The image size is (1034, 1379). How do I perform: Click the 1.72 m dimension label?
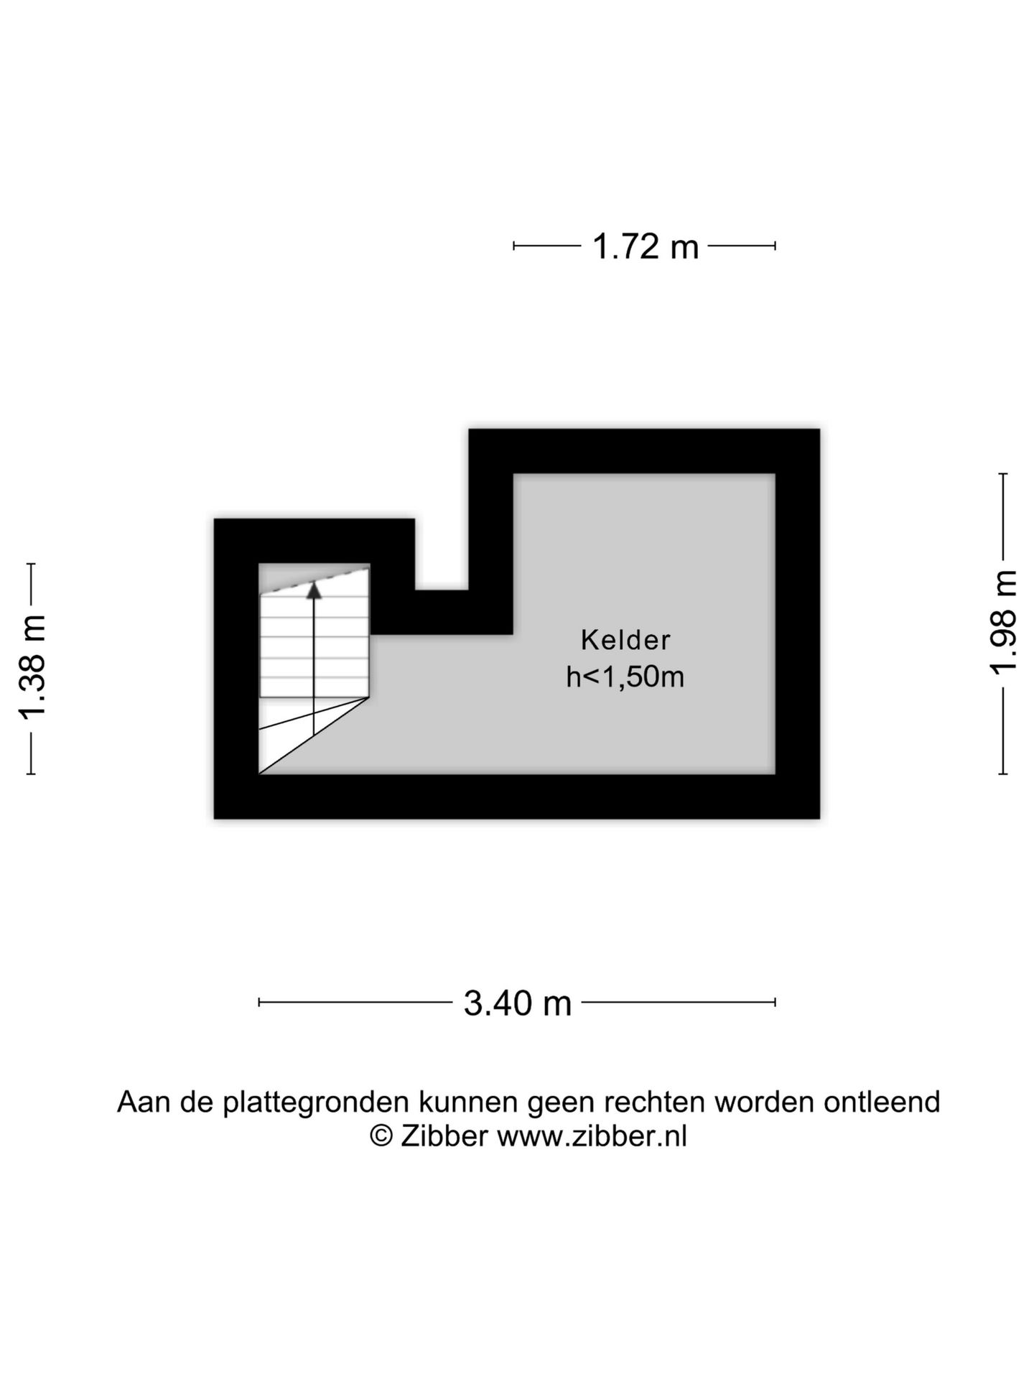[645, 247]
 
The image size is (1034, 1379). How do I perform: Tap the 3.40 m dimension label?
[517, 1003]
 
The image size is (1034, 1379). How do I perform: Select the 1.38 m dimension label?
[33, 667]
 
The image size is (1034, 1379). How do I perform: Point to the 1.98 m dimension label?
[1004, 623]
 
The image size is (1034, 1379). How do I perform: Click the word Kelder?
[625, 640]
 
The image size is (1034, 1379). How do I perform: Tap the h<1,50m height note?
[625, 677]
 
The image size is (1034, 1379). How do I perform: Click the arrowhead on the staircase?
[314, 590]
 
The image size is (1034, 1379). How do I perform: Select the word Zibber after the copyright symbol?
[444, 1136]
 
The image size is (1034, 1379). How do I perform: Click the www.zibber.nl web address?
[592, 1136]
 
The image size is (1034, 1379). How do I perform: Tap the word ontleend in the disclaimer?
[882, 1102]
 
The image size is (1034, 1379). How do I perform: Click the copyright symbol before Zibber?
[381, 1136]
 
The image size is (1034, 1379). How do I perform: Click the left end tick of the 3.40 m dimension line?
[259, 1003]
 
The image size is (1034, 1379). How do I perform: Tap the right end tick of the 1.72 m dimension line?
[775, 246]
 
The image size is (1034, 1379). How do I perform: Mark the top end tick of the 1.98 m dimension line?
[1003, 474]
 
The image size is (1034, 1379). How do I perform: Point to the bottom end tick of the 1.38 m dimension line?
[31, 774]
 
